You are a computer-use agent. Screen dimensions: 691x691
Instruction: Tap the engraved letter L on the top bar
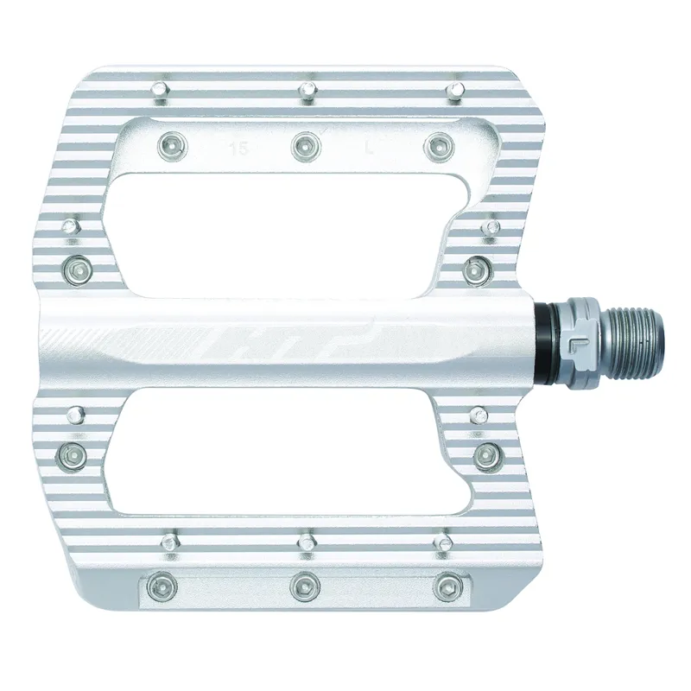coord(369,148)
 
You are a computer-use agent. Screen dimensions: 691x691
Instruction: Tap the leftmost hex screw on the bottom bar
coord(160,587)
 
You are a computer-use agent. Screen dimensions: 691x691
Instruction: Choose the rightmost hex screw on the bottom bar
coord(446,586)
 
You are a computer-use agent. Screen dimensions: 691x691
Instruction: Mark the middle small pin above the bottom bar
coord(304,542)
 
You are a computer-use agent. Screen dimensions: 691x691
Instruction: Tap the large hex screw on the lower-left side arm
coord(74,452)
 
